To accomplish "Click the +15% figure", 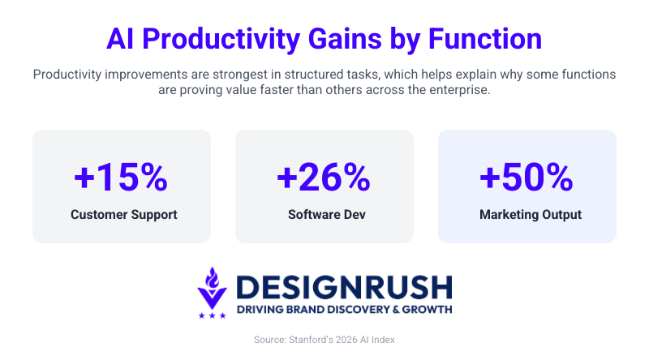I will [121, 178].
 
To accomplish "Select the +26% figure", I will [324, 178].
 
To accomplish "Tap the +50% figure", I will [527, 178].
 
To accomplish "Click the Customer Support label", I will [122, 215].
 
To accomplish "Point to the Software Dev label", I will [324, 215].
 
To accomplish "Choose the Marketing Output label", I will [527, 215].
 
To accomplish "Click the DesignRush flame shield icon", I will [213, 288].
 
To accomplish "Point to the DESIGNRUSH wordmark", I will [344, 287].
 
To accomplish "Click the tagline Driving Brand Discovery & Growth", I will [344, 309].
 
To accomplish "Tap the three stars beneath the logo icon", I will [213, 315].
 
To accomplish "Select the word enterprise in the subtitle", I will [458, 90].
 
